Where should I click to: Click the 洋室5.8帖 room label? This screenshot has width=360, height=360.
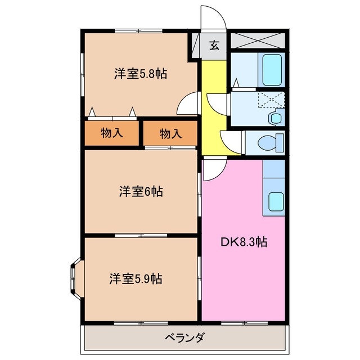(141, 74)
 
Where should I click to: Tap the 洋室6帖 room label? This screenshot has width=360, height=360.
(141, 191)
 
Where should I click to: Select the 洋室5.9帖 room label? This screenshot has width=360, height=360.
(136, 279)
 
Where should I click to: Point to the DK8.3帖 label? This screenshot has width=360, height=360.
(244, 242)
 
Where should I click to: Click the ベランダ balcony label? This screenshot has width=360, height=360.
(184, 337)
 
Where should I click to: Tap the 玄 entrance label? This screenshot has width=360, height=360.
(214, 45)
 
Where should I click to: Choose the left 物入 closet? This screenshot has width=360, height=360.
(112, 133)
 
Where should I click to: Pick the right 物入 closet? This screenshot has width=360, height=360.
(170, 133)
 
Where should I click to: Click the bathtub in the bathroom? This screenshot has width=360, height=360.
(272, 70)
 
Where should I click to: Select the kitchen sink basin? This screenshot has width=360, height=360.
(276, 201)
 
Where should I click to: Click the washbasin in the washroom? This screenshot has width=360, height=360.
(276, 118)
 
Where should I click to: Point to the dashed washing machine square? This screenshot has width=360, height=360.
(271, 100)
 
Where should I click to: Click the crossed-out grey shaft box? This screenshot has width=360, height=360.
(258, 40)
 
